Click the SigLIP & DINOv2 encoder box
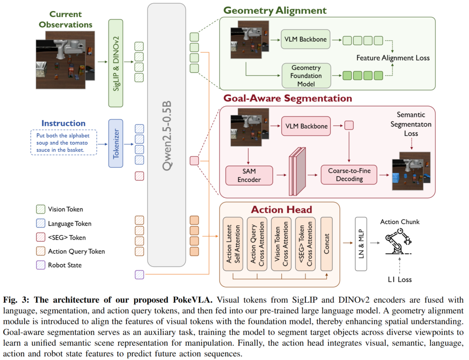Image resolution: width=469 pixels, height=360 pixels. pos(115,63)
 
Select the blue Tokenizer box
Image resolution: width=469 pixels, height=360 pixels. pos(115,143)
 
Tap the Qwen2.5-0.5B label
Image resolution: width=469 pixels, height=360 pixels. pos(167,136)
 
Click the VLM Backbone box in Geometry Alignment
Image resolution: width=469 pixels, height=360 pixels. pos(305,39)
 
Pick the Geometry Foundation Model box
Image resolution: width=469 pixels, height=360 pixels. pos(306,76)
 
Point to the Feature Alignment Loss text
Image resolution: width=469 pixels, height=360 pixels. pos(393,58)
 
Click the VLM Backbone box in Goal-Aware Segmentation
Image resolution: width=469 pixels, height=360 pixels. pos(306,126)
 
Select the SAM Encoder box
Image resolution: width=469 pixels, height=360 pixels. pos(249,175)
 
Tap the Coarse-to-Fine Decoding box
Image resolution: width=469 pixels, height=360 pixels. pos(349,175)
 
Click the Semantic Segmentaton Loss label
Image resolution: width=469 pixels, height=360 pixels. pos(411,124)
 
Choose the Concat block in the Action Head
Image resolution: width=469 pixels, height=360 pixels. pos(326,244)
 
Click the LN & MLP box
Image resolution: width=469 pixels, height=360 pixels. pos(361,244)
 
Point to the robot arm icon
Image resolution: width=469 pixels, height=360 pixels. pos(398,241)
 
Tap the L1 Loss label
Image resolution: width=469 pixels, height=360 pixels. pos(399,279)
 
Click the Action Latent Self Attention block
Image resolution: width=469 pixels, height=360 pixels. pos(233,244)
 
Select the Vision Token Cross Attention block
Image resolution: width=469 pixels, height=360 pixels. pos(281,244)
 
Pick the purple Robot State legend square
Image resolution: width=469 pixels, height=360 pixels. pos(41,265)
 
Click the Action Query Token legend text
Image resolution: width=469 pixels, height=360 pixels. pos(76,251)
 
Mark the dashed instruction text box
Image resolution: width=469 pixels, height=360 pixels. pos(64,142)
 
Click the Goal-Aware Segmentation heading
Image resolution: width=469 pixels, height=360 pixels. pos(288,98)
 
